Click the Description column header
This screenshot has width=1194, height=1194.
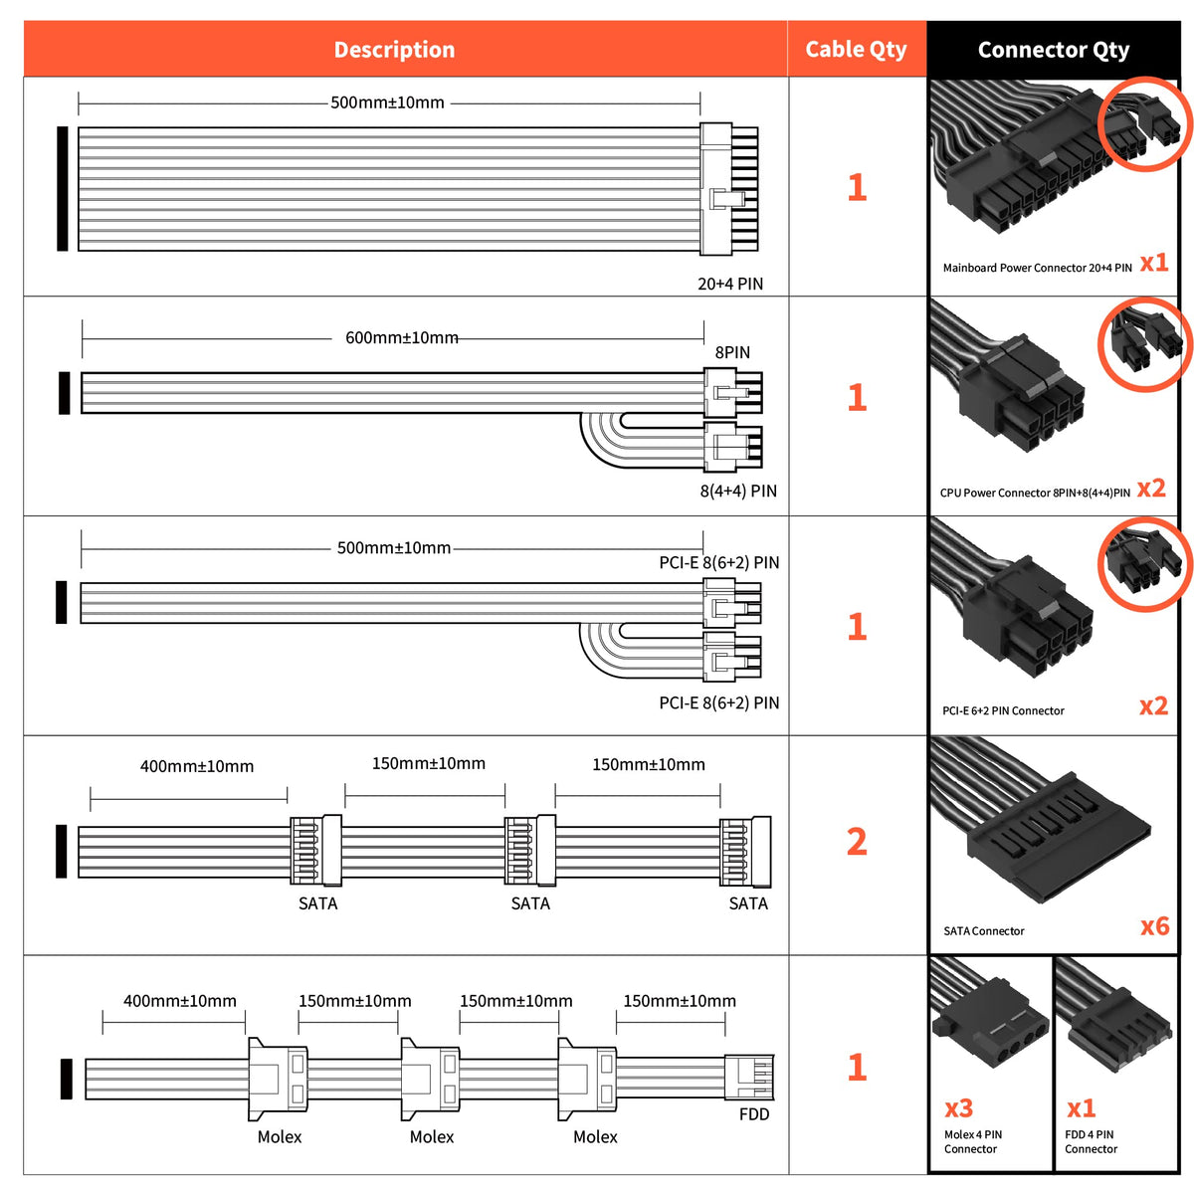(x=394, y=50)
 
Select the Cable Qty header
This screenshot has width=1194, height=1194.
(x=856, y=50)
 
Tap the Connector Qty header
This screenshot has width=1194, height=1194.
(x=1053, y=50)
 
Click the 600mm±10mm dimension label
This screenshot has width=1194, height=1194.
(x=402, y=338)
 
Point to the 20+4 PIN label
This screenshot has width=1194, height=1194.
(x=730, y=284)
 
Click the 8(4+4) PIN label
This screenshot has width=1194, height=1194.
(x=738, y=491)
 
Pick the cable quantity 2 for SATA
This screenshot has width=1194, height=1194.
(x=857, y=842)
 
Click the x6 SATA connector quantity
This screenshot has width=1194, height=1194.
(x=1154, y=927)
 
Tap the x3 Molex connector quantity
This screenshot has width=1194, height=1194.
(x=958, y=1108)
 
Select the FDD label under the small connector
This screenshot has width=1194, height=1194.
(x=754, y=1114)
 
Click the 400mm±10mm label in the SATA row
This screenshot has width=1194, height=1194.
(x=197, y=766)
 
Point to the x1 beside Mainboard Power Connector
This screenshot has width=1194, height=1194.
(x=1154, y=263)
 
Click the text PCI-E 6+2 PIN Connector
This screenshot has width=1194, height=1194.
(x=1003, y=710)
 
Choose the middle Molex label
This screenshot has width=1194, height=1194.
(x=432, y=1136)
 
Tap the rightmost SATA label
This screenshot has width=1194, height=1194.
(x=748, y=903)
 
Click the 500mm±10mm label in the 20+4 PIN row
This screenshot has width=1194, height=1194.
(x=387, y=102)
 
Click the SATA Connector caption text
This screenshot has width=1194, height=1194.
(x=984, y=931)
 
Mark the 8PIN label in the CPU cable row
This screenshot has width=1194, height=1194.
(x=732, y=352)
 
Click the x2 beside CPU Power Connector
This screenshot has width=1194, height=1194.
(x=1151, y=489)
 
